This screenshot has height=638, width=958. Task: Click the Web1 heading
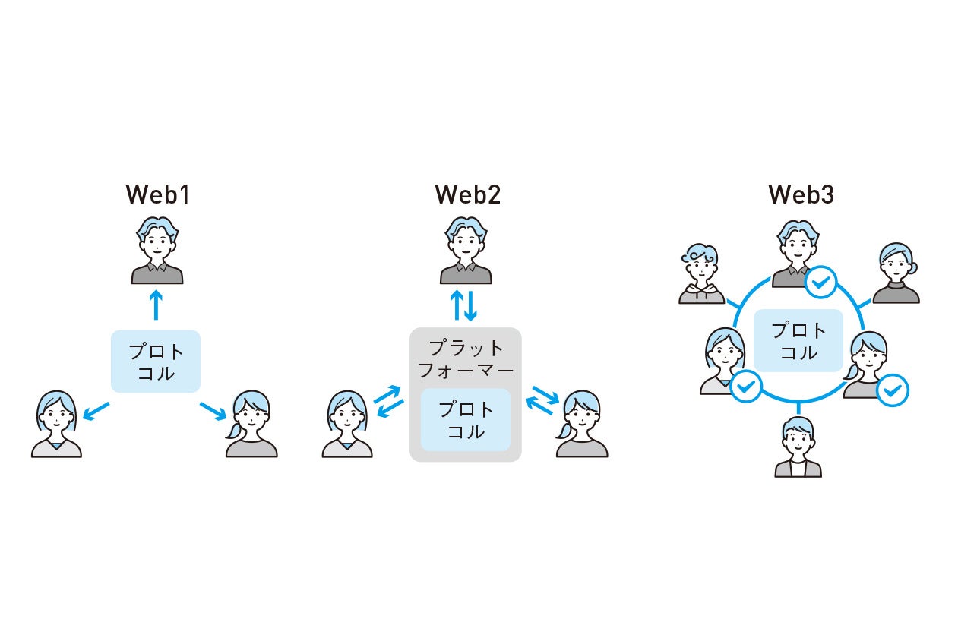tap(157, 195)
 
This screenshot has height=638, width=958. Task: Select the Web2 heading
tap(467, 195)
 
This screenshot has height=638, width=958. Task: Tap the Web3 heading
tap(801, 195)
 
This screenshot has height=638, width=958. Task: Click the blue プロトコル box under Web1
tap(156, 362)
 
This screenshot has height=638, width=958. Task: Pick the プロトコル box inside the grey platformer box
tap(466, 420)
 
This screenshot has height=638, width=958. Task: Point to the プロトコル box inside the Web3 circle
tap(798, 341)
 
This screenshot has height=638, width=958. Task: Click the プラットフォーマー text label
tap(466, 359)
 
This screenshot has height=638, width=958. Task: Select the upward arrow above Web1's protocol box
tap(156, 305)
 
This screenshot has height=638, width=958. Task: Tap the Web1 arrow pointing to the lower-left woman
tap(96, 410)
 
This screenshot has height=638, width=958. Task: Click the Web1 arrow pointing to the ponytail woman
tap(213, 410)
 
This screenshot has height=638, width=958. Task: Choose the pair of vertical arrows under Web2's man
tap(463, 305)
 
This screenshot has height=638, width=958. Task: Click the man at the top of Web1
tap(157, 251)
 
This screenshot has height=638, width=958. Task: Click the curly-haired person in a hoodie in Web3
tap(701, 274)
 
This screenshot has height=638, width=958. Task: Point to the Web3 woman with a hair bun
tap(897, 273)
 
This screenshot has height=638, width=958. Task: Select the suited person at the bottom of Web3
tap(798, 447)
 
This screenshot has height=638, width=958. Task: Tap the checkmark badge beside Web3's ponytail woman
tap(892, 390)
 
